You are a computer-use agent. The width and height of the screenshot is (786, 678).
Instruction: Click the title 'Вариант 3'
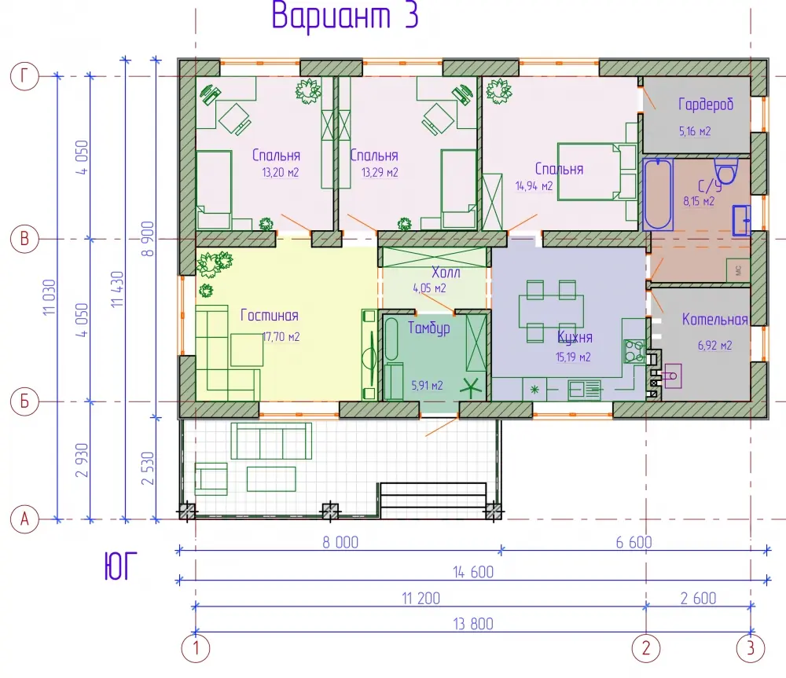(345, 15)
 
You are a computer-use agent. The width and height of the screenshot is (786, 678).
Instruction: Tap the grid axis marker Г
(24, 76)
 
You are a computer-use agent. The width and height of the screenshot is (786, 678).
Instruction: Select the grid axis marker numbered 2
(645, 648)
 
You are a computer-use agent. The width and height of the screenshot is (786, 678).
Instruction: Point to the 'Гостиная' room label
(269, 315)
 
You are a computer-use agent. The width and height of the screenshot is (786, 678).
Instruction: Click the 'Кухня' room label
(575, 337)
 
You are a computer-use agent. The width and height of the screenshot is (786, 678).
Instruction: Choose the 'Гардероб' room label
(706, 104)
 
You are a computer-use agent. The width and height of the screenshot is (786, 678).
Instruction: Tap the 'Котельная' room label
(714, 320)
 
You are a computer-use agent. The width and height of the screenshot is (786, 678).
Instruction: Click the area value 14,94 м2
(534, 186)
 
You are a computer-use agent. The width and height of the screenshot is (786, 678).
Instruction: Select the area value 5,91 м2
(427, 386)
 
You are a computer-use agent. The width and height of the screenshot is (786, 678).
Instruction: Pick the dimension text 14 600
(473, 572)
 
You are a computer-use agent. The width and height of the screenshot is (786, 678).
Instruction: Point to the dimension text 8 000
(340, 542)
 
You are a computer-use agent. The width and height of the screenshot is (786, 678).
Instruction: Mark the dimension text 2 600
(698, 598)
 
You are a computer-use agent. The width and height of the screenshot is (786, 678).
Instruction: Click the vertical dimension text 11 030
(49, 297)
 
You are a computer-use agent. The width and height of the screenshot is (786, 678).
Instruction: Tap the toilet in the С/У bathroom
(725, 170)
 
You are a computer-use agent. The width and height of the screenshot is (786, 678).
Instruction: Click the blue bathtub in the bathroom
(658, 194)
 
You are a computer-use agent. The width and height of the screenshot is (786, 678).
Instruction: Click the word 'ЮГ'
(120, 566)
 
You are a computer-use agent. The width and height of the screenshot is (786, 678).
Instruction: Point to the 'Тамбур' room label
(428, 328)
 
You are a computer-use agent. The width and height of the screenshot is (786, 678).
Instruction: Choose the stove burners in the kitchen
(634, 350)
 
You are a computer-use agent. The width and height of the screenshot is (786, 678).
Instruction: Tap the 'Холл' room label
(446, 273)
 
